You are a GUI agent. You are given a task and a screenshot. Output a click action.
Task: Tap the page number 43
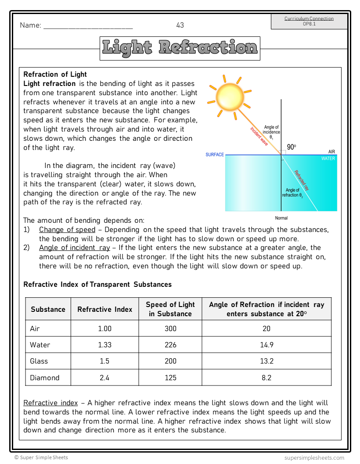pyautogui.click(x=180, y=25)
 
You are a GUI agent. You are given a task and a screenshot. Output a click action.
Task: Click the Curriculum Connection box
pyautogui.click(x=309, y=21)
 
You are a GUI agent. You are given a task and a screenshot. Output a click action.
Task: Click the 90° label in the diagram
pyautogui.click(x=292, y=147)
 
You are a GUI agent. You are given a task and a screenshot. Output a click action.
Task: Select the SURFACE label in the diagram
pyautogui.click(x=215, y=155)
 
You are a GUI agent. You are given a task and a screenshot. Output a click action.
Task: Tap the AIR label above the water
pyautogui.click(x=331, y=152)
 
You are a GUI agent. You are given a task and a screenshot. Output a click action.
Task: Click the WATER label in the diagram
pyautogui.click(x=328, y=159)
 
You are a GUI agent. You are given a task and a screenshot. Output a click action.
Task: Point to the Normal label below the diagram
pyautogui.click(x=281, y=218)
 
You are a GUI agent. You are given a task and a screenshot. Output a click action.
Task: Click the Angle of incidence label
pyautogui.click(x=272, y=132)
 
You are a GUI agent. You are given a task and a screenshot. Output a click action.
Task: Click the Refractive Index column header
pyautogui.click(x=104, y=309)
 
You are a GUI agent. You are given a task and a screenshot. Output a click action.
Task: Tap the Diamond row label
pyautogui.click(x=44, y=378)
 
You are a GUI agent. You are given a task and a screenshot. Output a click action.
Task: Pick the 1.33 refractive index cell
pyautogui.click(x=104, y=345)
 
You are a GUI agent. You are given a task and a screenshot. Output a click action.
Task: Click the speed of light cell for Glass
pyautogui.click(x=170, y=361)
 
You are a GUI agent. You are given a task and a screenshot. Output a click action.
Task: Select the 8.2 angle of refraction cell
pyautogui.click(x=266, y=378)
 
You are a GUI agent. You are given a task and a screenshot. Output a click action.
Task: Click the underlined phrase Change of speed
pyautogui.click(x=67, y=230)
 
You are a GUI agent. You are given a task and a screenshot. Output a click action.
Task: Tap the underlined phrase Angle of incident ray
pyautogui.click(x=74, y=248)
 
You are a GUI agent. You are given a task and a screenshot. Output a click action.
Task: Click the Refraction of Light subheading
pyautogui.click(x=55, y=75)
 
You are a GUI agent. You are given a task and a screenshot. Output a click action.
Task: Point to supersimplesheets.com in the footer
pyautogui.click(x=314, y=457)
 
